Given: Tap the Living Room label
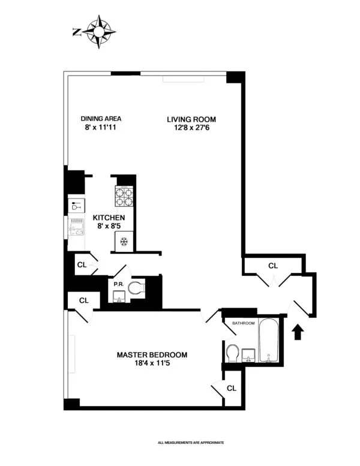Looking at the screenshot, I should pos(191,119).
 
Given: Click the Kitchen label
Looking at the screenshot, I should pos(108,217).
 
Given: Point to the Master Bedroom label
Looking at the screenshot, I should pos(152,355).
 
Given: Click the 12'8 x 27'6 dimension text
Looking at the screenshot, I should pos(191,128).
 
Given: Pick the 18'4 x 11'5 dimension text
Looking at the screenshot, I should pos(152,365).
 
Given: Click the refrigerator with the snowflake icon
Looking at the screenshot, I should pos(124,242).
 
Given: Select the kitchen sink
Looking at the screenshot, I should pos(76,228).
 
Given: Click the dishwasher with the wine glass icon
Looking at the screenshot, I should pos(76,206).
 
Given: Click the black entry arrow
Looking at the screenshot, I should pos(298,332).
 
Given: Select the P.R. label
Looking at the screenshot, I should pos(118,284).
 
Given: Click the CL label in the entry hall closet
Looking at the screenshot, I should pos(273,266).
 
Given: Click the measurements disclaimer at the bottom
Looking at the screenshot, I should pos(191,443).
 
